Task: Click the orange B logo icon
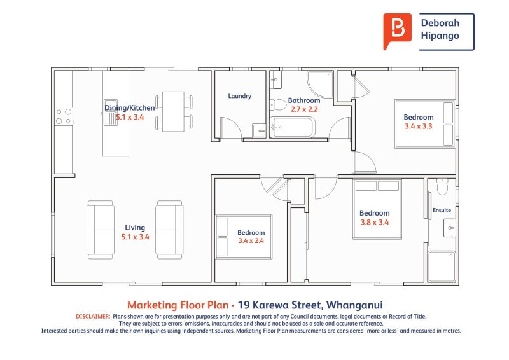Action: [x=397, y=31]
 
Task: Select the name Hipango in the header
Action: [x=440, y=36]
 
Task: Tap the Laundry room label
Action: [x=240, y=96]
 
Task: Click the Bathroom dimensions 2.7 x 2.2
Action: [x=304, y=109]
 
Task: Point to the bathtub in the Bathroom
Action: [x=292, y=127]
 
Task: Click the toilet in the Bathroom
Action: [x=277, y=104]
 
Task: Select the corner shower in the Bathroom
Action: [x=320, y=85]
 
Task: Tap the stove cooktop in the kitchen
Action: [x=64, y=116]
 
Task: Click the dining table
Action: [x=173, y=112]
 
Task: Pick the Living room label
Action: [x=135, y=228]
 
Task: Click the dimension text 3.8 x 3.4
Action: [x=375, y=223]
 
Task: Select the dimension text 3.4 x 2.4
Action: [x=251, y=241]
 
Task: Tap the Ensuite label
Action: [x=442, y=210]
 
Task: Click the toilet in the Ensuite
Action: [x=442, y=186]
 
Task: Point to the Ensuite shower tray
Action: [x=442, y=267]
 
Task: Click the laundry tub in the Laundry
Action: [x=259, y=130]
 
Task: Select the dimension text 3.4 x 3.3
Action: [x=419, y=127]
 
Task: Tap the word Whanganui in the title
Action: [x=354, y=305]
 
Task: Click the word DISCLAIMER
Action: [x=93, y=317]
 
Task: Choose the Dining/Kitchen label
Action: [x=130, y=108]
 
